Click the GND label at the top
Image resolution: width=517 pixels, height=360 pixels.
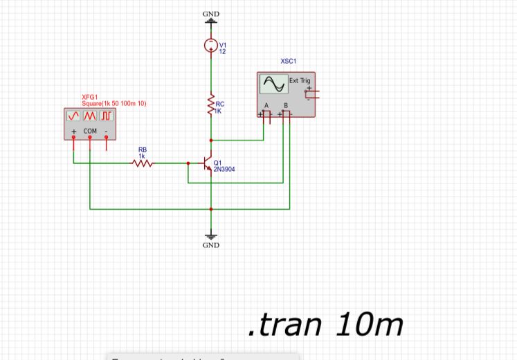click(211, 14)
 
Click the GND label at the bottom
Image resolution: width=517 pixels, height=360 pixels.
click(211, 245)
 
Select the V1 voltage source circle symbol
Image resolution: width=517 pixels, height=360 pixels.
click(211, 46)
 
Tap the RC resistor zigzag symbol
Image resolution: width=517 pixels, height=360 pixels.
click(211, 106)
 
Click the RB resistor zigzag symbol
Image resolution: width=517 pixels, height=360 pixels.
click(142, 163)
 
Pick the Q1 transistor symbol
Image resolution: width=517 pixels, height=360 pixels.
click(206, 164)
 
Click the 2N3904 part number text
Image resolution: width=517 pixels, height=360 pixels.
click(225, 168)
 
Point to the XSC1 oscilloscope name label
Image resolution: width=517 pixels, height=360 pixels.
click(289, 62)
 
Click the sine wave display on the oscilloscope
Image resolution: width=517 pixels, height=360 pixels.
click(273, 84)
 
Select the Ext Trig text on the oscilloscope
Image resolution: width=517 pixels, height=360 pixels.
click(300, 81)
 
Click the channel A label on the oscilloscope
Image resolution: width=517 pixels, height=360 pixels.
click(266, 106)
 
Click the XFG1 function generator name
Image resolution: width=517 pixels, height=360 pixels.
click(89, 97)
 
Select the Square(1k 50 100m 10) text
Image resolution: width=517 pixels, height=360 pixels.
click(114, 103)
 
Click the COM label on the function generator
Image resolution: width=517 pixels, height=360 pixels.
click(90, 131)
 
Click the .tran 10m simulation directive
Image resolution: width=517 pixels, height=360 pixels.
click(325, 324)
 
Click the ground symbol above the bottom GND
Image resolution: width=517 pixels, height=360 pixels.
click(211, 235)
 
